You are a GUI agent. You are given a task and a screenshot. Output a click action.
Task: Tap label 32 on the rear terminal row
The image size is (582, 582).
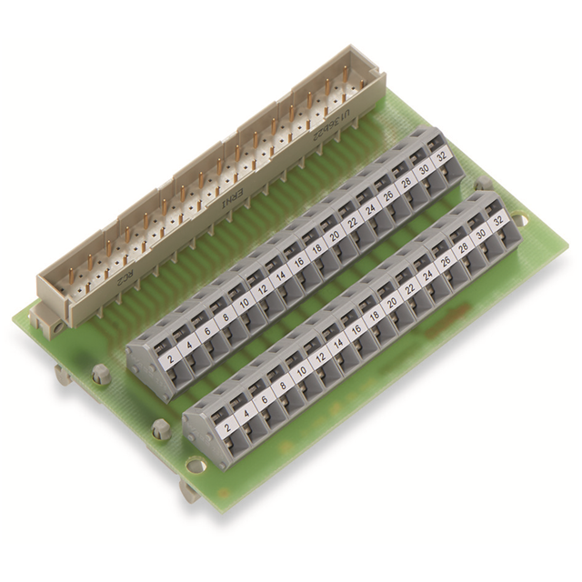[443, 156]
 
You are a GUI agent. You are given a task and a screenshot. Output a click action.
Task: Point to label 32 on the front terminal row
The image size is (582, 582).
[497, 219]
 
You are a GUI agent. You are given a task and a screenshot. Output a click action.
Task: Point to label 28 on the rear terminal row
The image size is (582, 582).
[406, 181]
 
